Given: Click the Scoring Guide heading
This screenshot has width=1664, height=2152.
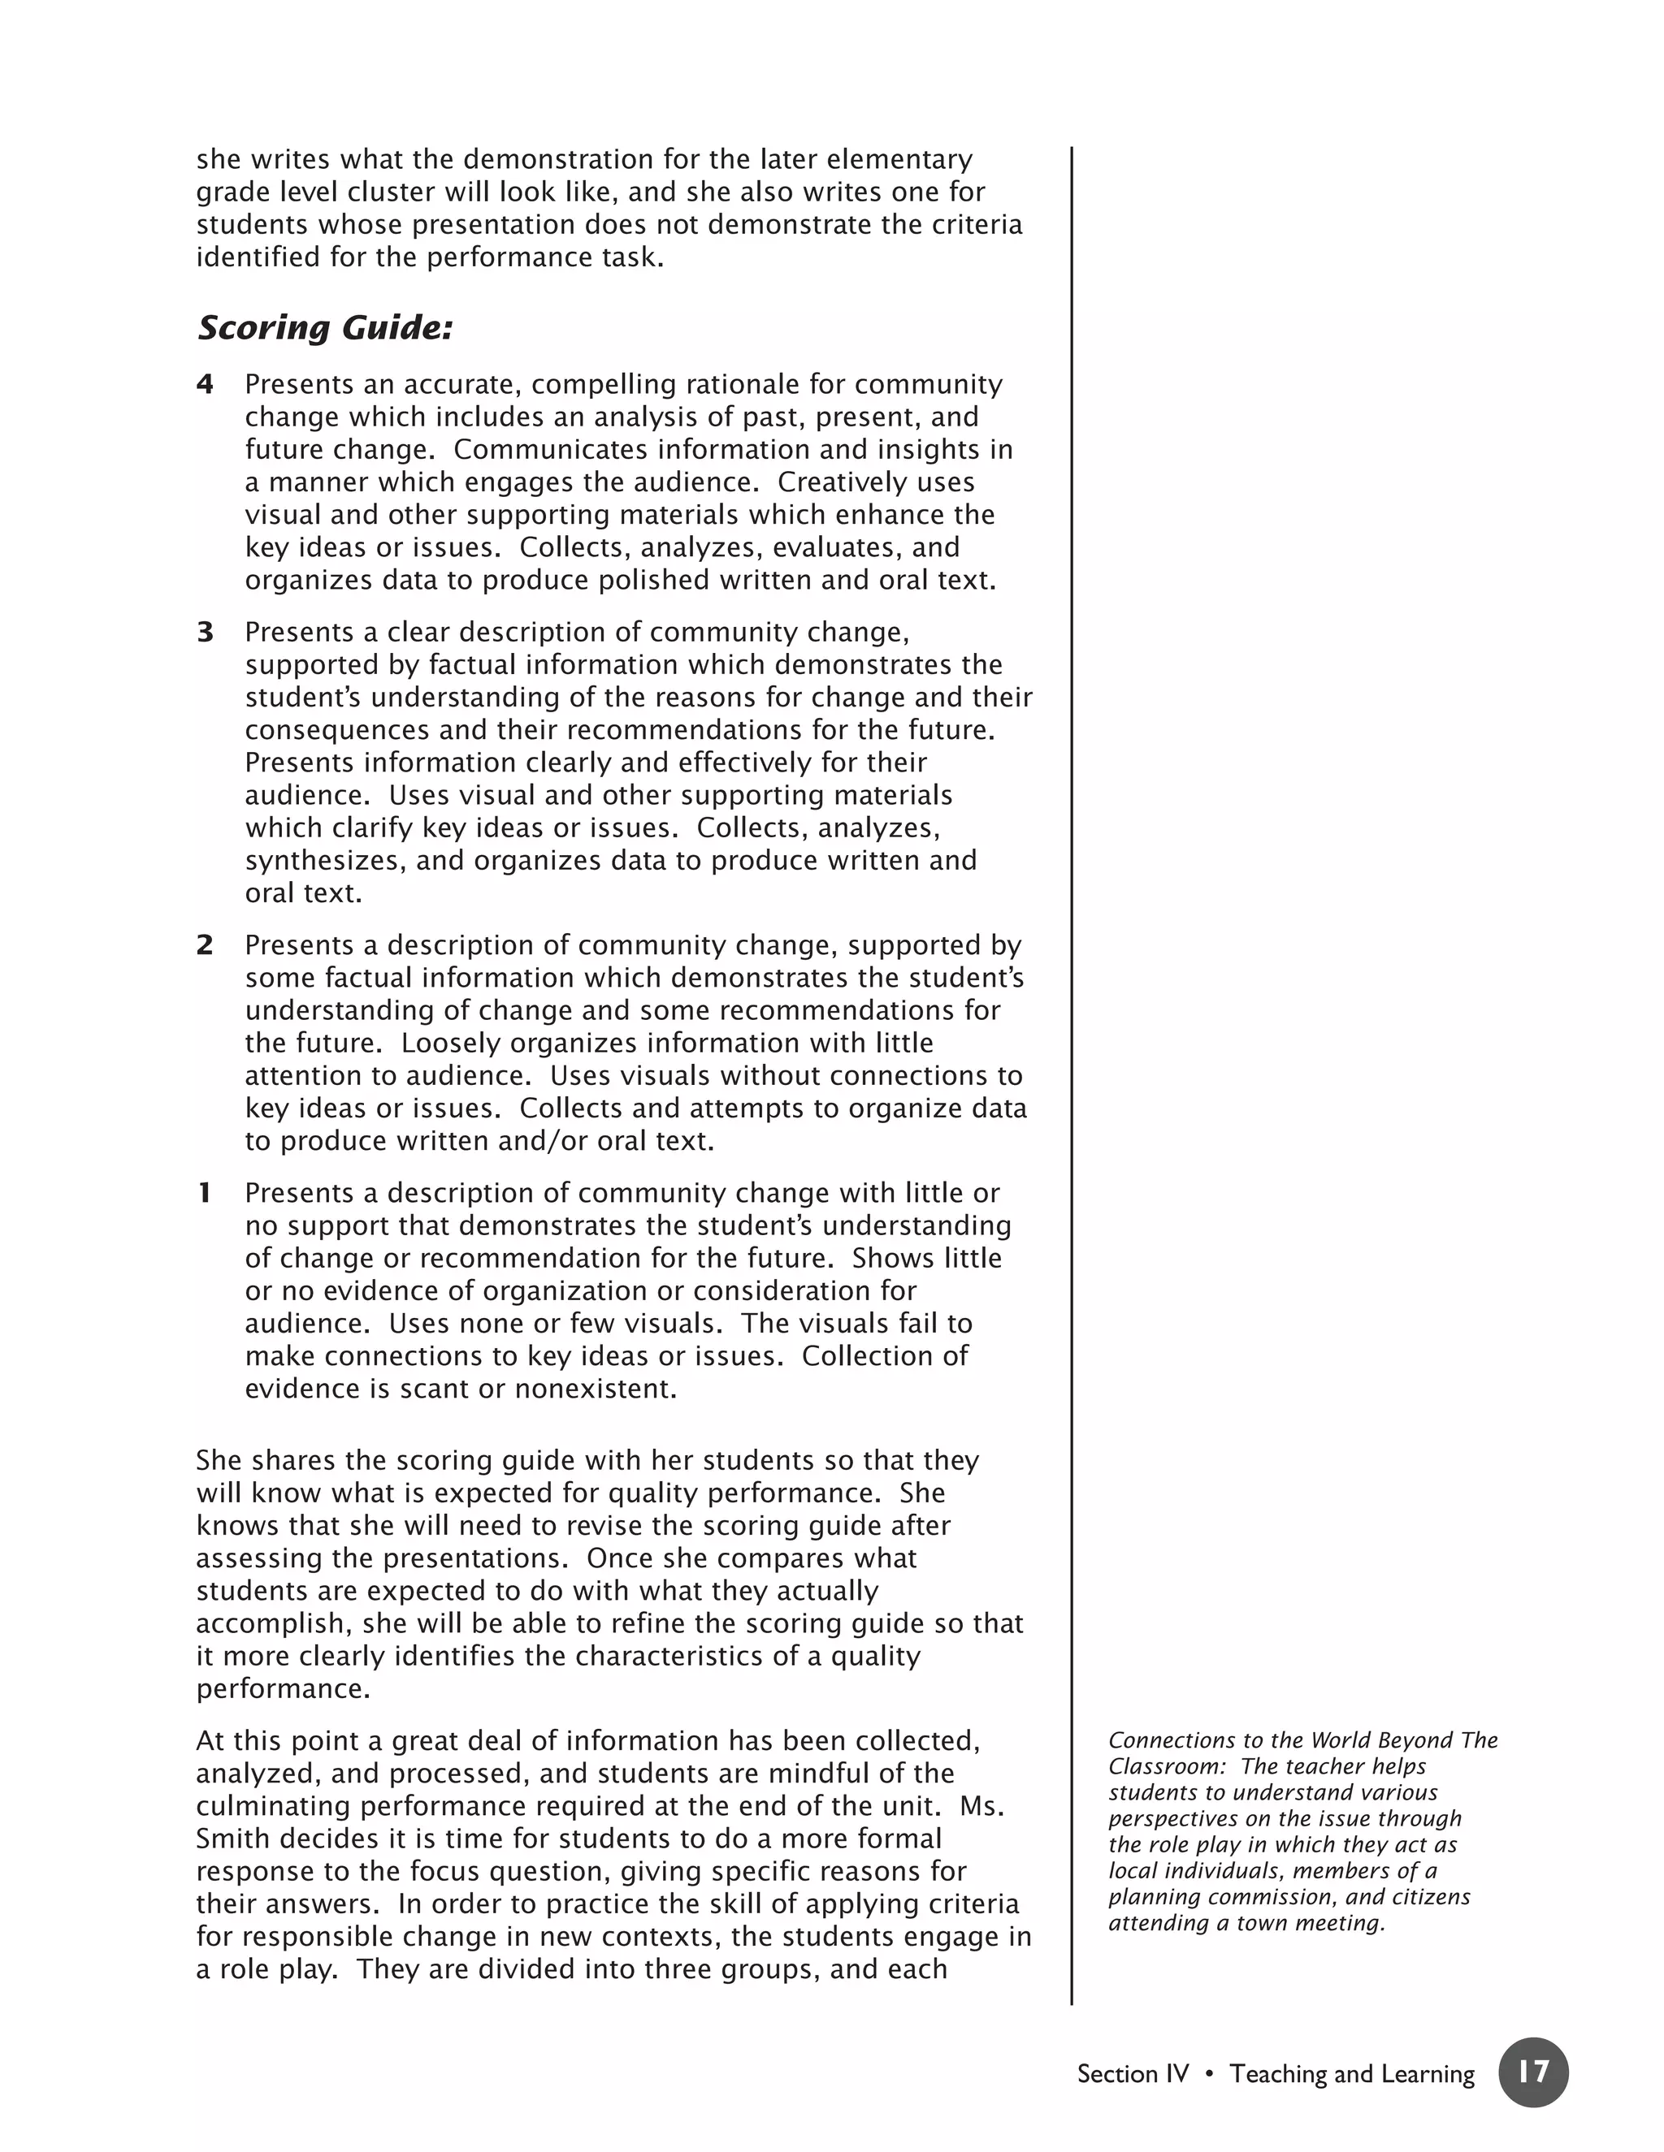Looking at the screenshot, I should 325,328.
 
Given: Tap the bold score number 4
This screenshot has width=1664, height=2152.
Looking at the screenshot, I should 205,384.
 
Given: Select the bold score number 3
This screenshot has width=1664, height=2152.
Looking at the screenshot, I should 205,633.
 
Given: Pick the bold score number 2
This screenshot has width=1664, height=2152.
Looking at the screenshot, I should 205,946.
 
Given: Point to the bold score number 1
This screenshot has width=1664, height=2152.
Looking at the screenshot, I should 205,1193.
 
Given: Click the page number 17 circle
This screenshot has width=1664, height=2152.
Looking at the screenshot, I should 1533,2073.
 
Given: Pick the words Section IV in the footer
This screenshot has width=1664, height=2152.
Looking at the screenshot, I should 1133,2074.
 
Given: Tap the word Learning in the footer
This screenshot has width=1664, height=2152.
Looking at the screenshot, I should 1428,2074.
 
